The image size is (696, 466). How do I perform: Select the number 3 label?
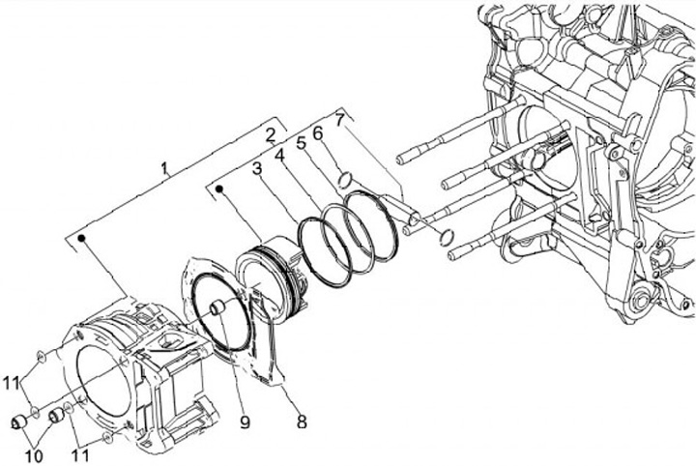pyautogui.click(x=257, y=168)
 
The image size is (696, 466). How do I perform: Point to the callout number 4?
pyautogui.click(x=278, y=154)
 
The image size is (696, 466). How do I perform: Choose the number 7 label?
pyautogui.click(x=338, y=120)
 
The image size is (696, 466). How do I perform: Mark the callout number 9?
pyautogui.click(x=245, y=422)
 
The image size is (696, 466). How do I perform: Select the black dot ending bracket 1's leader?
pyautogui.click(x=83, y=237)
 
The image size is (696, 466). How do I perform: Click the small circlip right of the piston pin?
pyautogui.click(x=445, y=237)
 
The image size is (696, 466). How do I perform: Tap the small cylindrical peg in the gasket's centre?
pyautogui.click(x=217, y=309)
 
